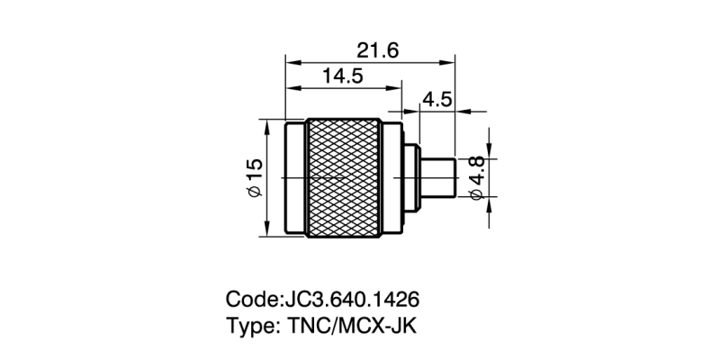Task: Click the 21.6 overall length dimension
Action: point(373,50)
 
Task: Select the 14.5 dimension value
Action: point(342,77)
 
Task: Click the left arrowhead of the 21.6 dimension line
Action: point(290,62)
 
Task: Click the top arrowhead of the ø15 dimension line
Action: point(268,123)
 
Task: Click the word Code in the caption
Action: point(251,298)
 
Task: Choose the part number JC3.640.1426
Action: point(352,298)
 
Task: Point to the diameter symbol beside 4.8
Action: point(476,194)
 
